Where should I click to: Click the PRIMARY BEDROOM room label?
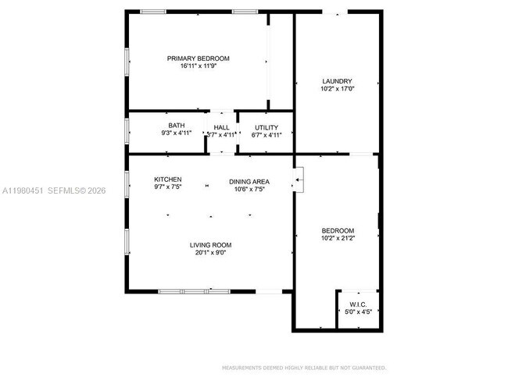point(198,59)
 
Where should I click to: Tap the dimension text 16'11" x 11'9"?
point(198,66)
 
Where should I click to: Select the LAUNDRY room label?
point(337,81)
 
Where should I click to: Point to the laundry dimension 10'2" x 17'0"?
point(337,89)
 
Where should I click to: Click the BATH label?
point(176,126)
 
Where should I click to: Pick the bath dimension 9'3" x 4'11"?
point(176,134)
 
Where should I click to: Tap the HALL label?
point(221,126)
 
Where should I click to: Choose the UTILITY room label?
point(267,126)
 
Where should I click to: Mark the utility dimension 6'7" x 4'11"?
point(267,134)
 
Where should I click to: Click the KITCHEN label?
point(168,180)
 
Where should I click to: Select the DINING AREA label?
point(249,181)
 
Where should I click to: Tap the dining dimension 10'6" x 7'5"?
point(249,189)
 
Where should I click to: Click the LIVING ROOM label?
point(213,245)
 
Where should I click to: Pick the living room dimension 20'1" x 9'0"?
point(213,253)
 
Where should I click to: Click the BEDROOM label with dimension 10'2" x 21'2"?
point(338,230)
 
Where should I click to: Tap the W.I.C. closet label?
point(358,304)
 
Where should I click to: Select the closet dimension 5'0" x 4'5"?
point(358,312)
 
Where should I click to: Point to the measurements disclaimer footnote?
point(304,367)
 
